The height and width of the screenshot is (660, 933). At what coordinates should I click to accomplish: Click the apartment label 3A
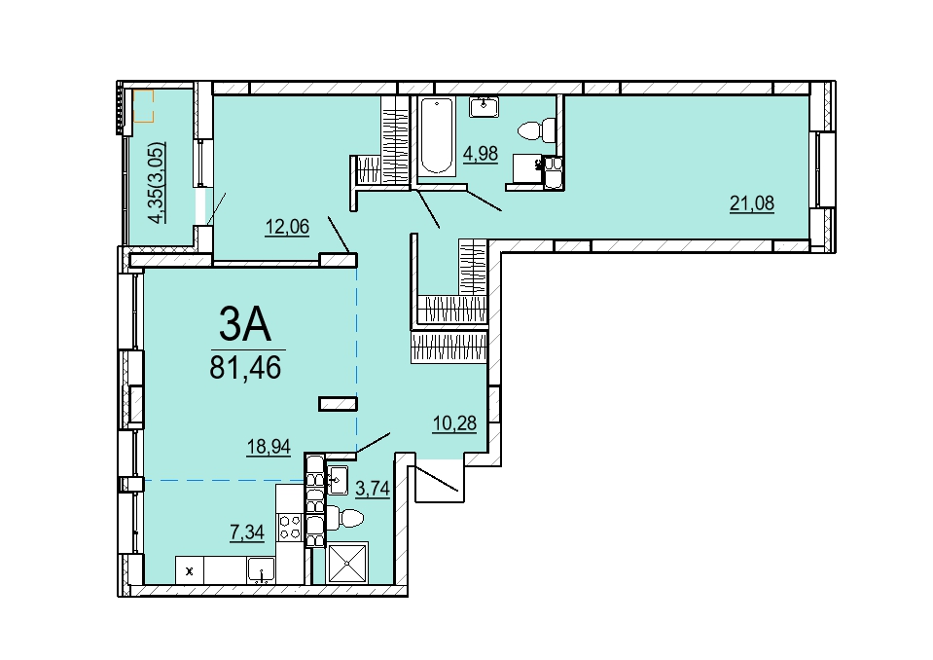[244, 324]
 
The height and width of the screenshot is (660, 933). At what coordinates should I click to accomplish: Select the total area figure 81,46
[245, 368]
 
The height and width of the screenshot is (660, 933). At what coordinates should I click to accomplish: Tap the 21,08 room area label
[752, 203]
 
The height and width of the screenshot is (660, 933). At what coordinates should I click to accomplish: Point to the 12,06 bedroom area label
[287, 227]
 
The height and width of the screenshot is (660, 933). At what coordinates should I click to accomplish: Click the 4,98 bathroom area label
[481, 154]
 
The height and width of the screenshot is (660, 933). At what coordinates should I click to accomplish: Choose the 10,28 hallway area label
[454, 423]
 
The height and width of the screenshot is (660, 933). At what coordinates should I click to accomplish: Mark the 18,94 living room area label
[269, 447]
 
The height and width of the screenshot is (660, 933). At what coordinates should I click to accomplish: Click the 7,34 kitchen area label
[247, 532]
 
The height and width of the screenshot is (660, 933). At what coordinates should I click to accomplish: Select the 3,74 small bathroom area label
[373, 489]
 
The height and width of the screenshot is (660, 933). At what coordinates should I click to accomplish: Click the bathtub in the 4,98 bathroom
[437, 136]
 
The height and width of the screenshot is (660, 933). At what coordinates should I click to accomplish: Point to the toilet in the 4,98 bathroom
[538, 130]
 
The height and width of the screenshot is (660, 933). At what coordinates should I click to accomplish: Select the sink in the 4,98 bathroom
[484, 107]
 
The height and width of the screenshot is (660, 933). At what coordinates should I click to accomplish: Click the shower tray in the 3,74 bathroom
[348, 563]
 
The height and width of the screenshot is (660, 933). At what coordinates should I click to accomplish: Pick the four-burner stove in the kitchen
[290, 527]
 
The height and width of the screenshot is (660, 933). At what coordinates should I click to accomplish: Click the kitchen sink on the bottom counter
[261, 569]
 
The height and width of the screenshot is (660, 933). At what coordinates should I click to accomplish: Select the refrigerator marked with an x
[190, 570]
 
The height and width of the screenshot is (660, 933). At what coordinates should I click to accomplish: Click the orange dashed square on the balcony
[143, 106]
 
